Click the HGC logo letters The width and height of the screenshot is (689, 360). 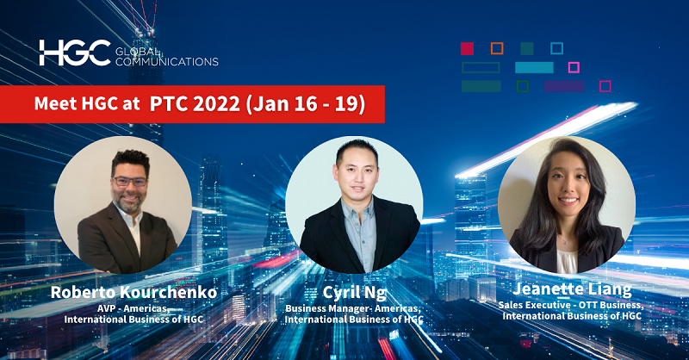74,53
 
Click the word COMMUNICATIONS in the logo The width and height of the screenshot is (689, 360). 166,62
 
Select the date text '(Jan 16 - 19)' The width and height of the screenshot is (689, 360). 305,105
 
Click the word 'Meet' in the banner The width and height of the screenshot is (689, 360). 53,105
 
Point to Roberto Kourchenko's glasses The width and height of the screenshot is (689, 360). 129,182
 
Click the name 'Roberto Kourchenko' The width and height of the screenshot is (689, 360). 133,293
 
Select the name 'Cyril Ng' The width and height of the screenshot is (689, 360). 353,293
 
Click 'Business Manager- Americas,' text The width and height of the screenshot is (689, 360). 353,307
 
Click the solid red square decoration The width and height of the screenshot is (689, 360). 468,48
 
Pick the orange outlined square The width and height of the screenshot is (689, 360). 497,48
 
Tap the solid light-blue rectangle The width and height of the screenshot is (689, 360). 534,67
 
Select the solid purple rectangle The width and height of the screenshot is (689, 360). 564,86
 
